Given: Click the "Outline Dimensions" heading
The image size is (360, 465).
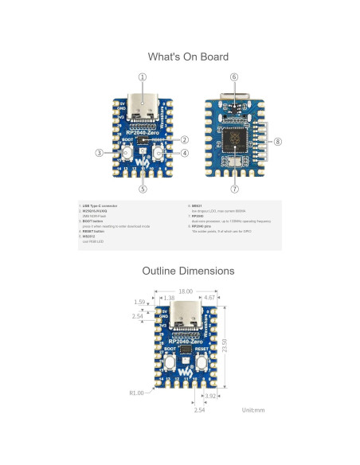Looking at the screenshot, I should point(188,271).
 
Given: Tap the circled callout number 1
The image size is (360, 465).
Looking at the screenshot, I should point(143,77).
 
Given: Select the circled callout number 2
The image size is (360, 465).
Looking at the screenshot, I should point(184,139).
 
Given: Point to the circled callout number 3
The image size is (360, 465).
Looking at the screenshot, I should point(100,153).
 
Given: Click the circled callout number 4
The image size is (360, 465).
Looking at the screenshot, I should point(185,153).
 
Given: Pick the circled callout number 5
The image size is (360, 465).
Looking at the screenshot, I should point(143,189).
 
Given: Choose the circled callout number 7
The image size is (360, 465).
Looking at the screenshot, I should point(234,189).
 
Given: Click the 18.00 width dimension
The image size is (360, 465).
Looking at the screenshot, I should point(186,291).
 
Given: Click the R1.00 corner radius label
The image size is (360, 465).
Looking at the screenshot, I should point(136,393).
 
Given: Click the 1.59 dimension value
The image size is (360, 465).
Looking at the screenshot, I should point(140,303).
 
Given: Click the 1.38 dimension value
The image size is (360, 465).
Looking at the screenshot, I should point(168,298).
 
